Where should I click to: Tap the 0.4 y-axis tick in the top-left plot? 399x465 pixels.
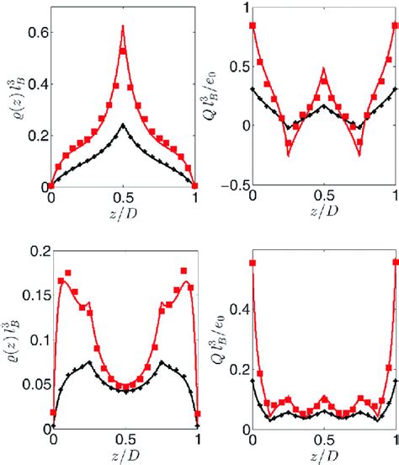(x=36, y=86)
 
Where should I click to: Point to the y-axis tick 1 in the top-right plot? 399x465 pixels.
(x=244, y=8)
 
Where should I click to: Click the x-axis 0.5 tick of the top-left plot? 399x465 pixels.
(x=123, y=197)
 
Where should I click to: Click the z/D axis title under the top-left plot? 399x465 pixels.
(x=123, y=211)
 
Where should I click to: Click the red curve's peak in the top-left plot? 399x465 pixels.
(x=123, y=26)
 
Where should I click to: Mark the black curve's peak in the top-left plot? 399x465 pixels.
(x=123, y=125)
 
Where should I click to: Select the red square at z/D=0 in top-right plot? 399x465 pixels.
(x=253, y=26)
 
